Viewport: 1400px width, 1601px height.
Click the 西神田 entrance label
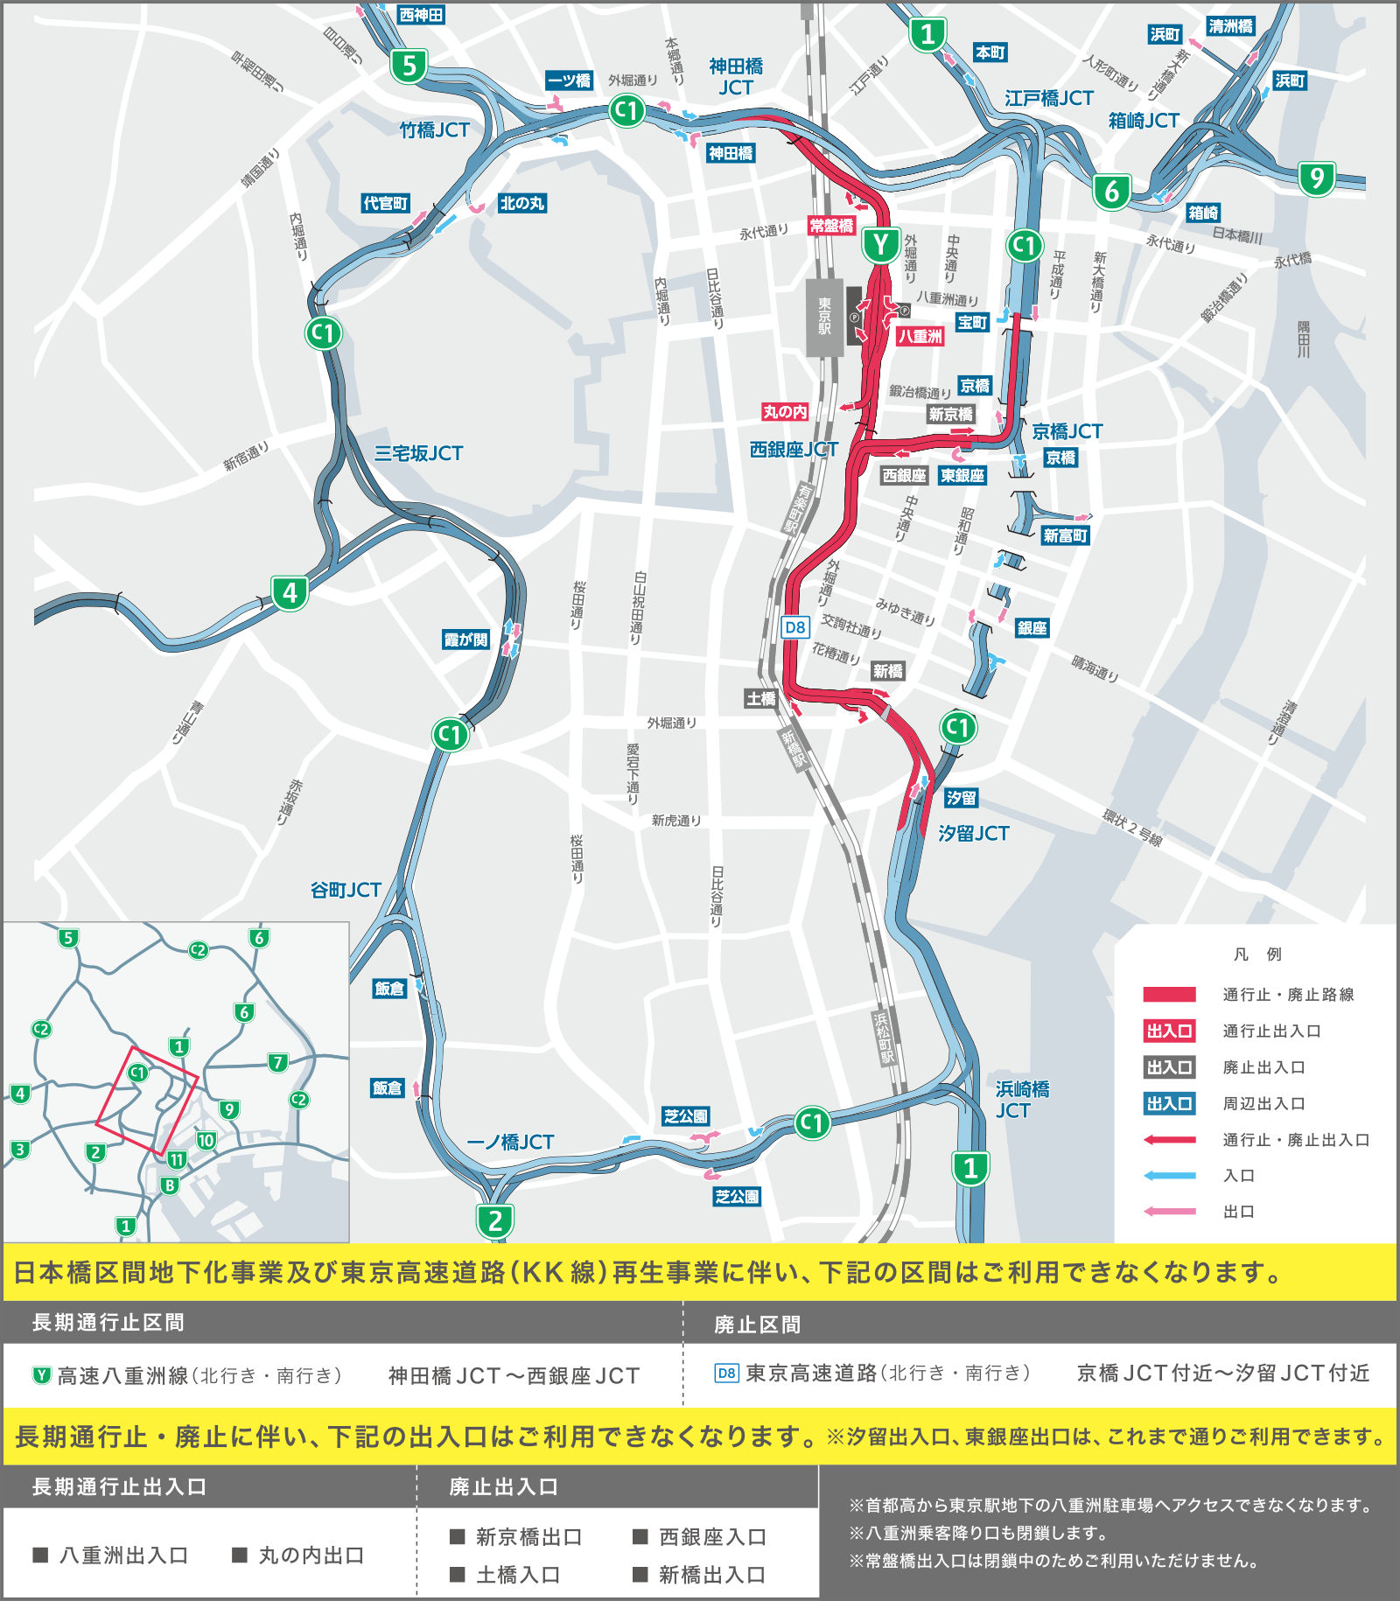pos(421,15)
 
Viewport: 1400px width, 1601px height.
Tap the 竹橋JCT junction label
pos(435,130)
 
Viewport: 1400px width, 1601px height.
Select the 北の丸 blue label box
pos(521,204)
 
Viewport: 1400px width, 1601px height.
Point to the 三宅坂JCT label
pos(418,453)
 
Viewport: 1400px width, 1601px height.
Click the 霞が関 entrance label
pos(465,640)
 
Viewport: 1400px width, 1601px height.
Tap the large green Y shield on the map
pos(881,246)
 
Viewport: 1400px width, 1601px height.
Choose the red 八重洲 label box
pos(920,336)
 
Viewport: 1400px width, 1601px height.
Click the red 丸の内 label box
pos(785,412)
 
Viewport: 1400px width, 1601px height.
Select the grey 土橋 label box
pos(760,698)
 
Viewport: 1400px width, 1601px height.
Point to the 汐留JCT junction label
pos(973,834)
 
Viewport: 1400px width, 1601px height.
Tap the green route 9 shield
pos(1317,178)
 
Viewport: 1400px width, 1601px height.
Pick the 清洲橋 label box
pos(1230,26)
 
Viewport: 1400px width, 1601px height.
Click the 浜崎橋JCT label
pos(1022,1100)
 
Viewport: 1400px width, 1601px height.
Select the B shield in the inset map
pos(170,1186)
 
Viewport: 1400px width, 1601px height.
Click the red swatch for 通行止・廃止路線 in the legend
pos(1169,994)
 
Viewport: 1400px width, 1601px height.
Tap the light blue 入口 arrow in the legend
pos(1169,1176)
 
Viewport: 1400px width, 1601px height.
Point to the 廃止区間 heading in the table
pos(757,1325)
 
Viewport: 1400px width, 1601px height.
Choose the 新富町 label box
pos(1065,535)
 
